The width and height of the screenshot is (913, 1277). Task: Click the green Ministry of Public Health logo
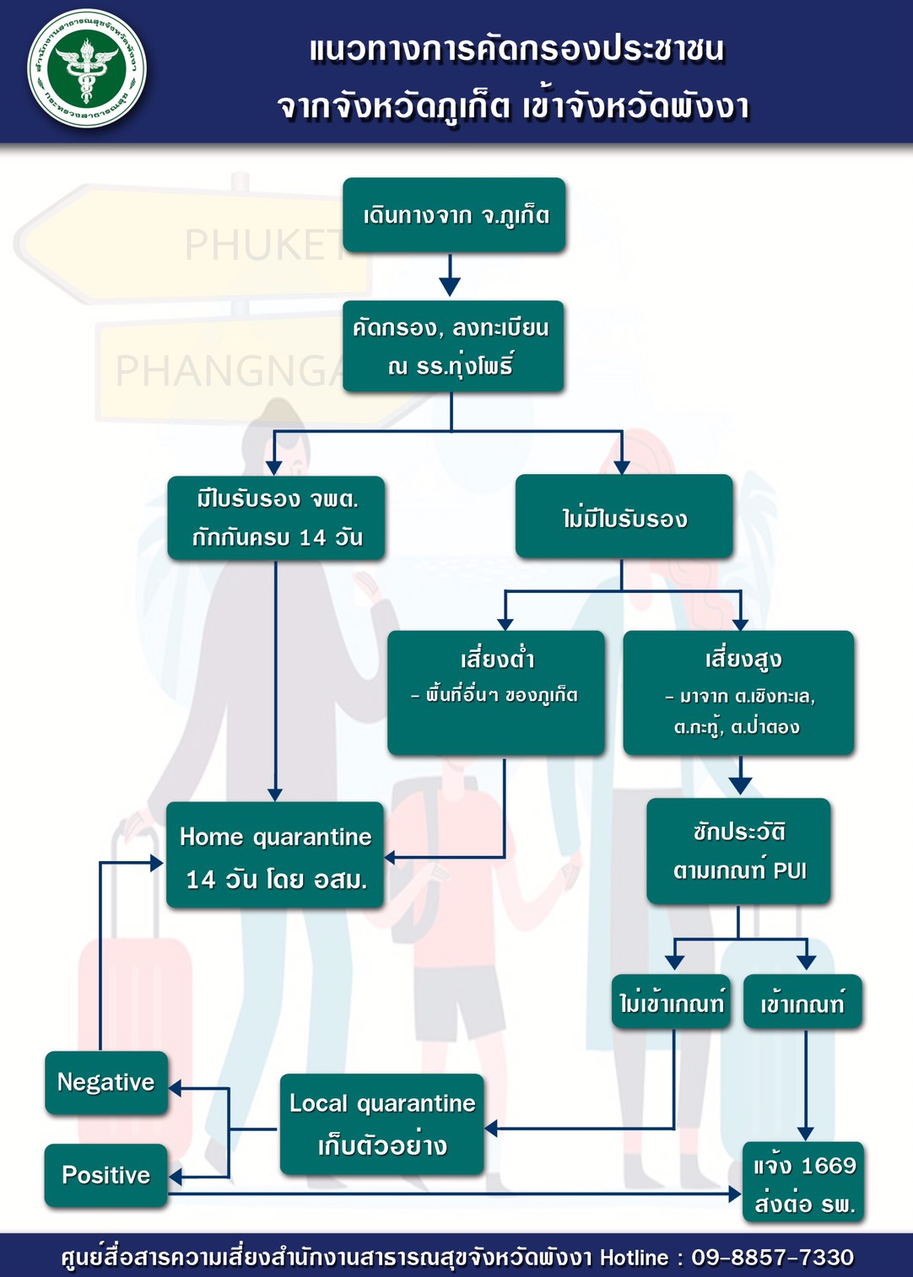tap(87, 68)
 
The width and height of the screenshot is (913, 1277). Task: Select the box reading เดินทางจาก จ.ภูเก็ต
tap(454, 215)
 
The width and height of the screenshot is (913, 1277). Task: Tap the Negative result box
tap(106, 1083)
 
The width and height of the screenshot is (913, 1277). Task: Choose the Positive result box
tap(106, 1175)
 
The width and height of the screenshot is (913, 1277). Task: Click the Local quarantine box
tap(382, 1124)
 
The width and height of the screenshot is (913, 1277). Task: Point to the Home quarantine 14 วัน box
tap(275, 855)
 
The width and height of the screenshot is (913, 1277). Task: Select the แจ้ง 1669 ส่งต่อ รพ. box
tap(804, 1183)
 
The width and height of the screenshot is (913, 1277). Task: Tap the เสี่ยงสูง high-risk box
tap(738, 692)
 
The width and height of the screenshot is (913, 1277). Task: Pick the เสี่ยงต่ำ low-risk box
tap(496, 692)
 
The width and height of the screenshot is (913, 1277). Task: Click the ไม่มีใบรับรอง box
tap(624, 516)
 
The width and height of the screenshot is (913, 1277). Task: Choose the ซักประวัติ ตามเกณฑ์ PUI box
tap(738, 851)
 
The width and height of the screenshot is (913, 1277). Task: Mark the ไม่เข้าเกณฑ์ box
tap(671, 1002)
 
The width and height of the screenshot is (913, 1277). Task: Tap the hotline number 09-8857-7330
tap(773, 1257)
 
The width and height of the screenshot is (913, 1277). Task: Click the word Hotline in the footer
tap(635, 1257)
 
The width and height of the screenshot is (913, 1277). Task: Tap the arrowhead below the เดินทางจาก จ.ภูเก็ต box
tap(450, 286)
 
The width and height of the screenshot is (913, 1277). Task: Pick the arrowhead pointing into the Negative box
tap(176, 1088)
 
